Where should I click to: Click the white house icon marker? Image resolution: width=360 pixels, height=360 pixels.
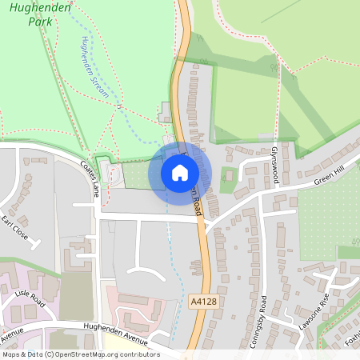coord(180,173)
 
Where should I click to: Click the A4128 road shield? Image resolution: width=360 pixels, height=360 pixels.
coord(203,300)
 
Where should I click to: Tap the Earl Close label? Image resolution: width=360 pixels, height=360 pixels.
coord(14,227)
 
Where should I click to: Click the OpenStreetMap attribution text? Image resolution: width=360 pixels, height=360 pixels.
coord(80,354)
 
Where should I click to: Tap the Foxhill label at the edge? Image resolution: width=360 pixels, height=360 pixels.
coord(351,340)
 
